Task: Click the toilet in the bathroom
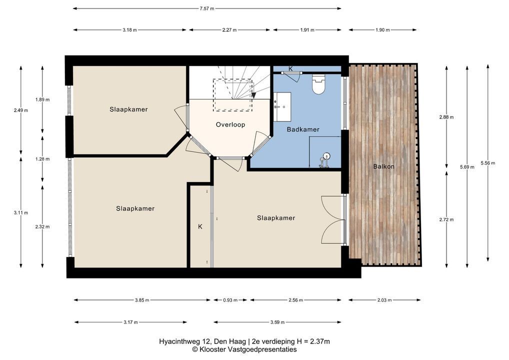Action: (x=318, y=84)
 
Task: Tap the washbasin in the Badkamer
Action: (x=282, y=107)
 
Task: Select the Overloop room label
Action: (x=230, y=124)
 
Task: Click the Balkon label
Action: (x=383, y=166)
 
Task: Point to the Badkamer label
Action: (x=303, y=129)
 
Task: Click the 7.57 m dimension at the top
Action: (x=207, y=9)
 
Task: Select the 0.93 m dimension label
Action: (x=230, y=300)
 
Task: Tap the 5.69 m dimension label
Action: (x=467, y=167)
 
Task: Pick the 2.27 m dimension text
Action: (x=229, y=30)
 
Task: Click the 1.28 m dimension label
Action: (x=42, y=159)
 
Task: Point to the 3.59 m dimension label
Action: (x=277, y=322)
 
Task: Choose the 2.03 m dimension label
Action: (x=384, y=300)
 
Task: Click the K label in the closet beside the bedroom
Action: (x=200, y=226)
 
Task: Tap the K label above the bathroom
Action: (x=290, y=68)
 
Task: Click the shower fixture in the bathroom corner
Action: (x=324, y=160)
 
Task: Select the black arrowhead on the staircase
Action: (x=253, y=95)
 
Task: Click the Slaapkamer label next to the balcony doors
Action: (x=276, y=218)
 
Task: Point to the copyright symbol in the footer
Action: (x=195, y=349)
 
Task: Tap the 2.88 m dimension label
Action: (x=446, y=117)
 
